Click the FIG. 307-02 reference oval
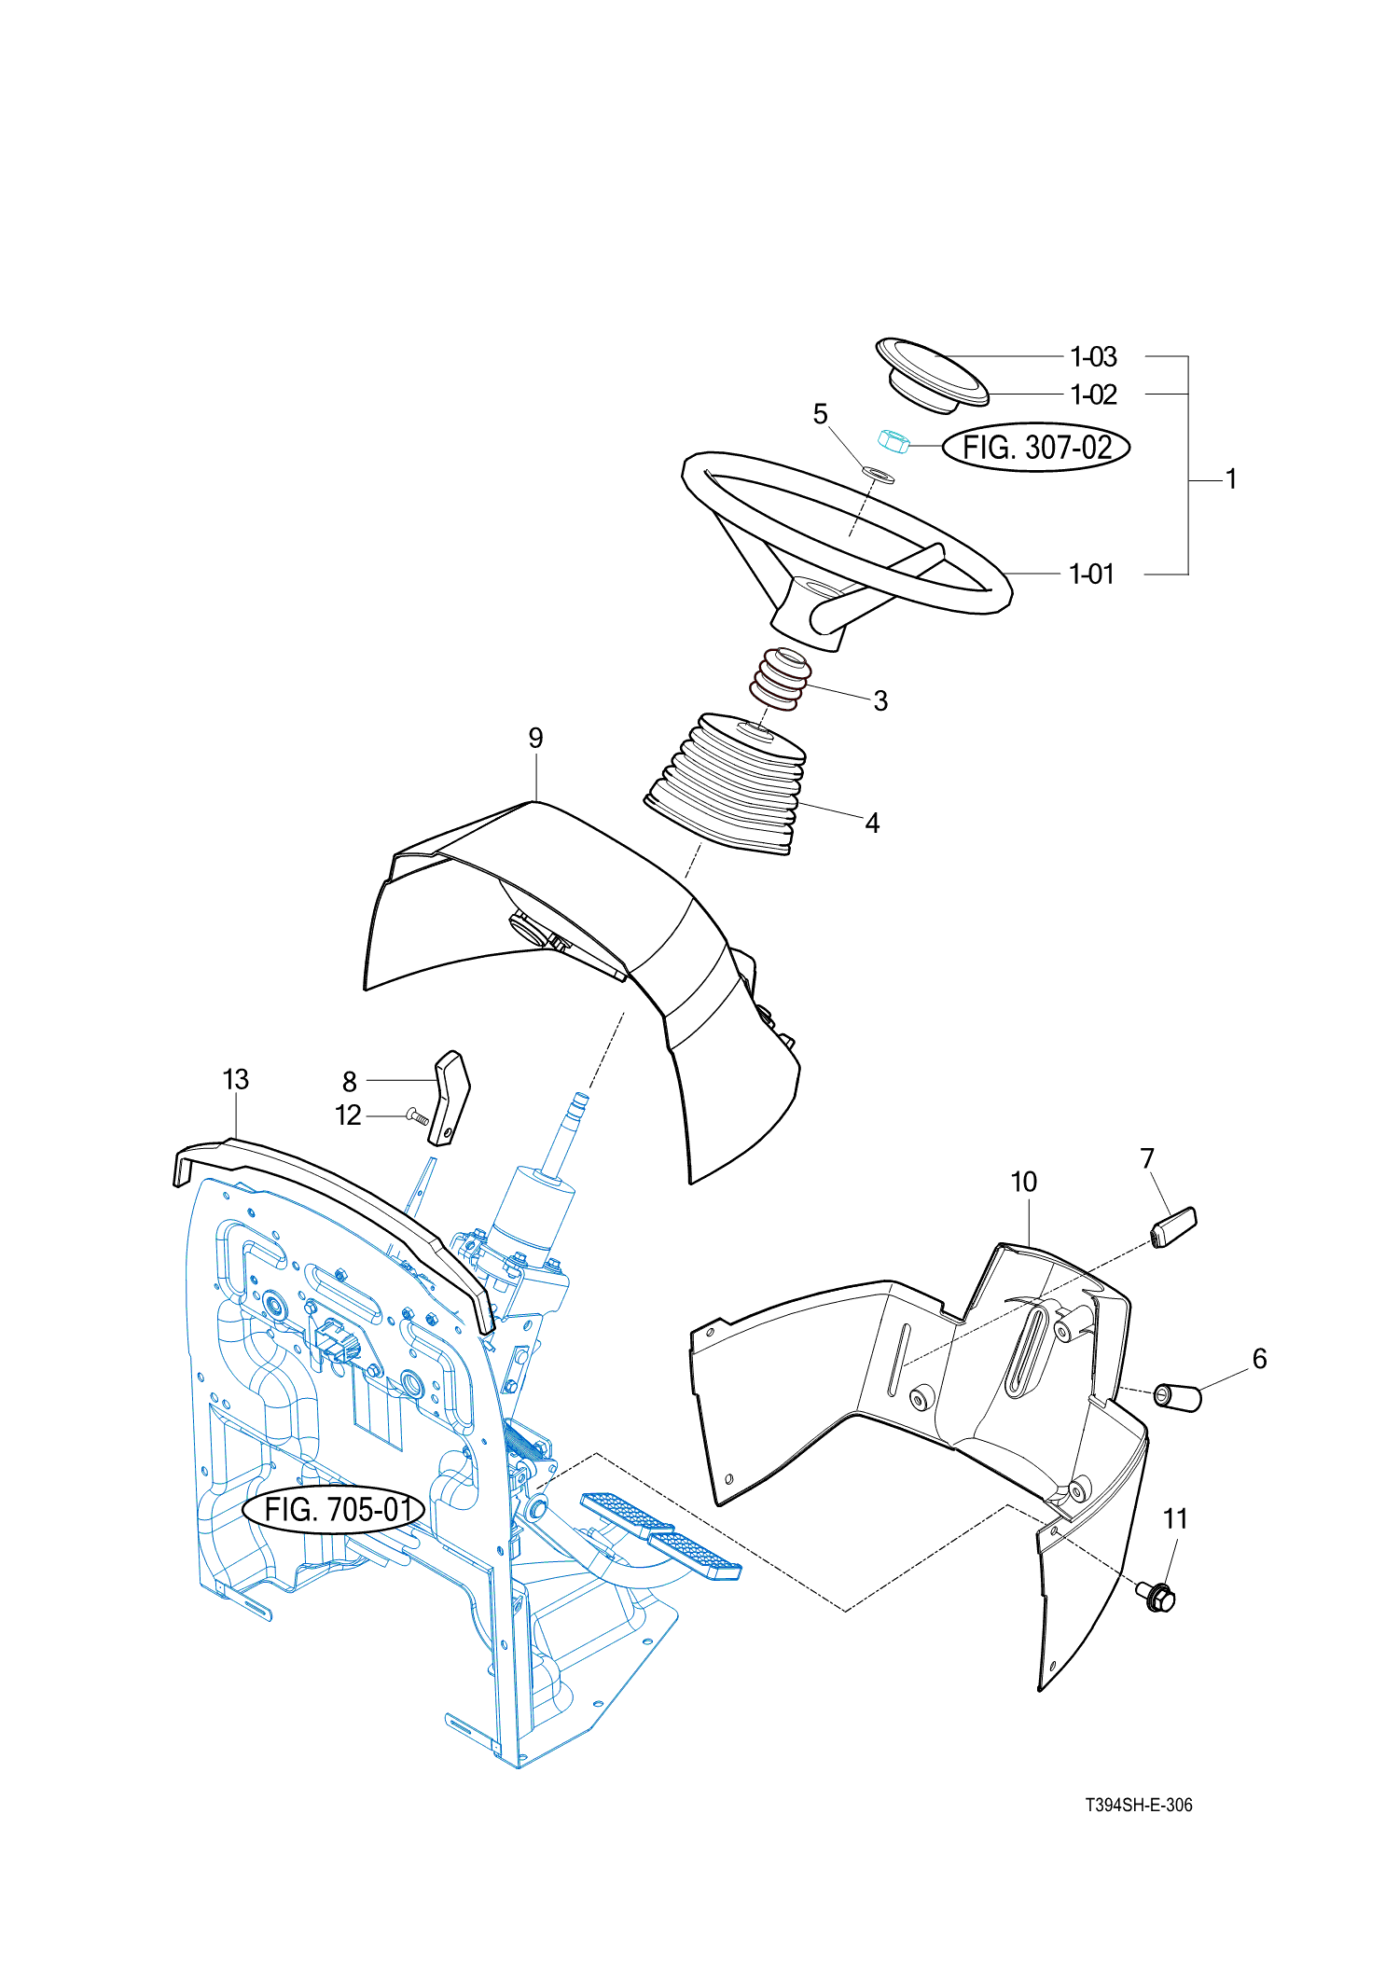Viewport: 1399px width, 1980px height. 1036,448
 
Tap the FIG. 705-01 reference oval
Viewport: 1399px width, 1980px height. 334,1508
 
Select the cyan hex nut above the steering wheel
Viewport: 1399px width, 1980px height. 893,441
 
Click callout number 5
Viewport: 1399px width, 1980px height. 821,414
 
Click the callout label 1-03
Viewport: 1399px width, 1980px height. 1093,357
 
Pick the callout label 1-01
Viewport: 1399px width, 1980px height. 1091,575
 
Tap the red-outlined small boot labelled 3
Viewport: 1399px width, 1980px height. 780,678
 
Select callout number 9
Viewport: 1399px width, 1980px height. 535,739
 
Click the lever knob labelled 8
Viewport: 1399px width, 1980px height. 450,1097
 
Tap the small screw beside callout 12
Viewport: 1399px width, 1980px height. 417,1115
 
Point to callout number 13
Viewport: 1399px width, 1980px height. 236,1080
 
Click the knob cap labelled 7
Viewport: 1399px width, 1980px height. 1174,1226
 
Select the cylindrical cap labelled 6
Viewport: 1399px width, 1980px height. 1178,1397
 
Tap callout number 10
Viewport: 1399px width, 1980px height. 1023,1183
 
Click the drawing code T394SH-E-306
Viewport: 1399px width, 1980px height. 1138,1806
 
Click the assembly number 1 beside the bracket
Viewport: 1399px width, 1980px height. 1231,479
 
